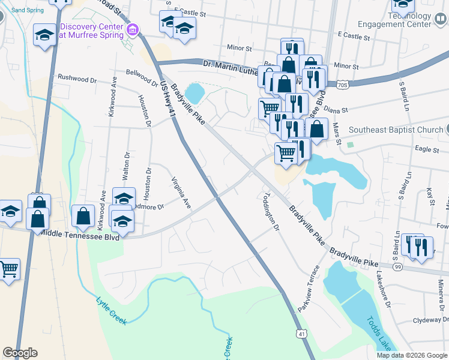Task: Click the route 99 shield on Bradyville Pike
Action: tap(398, 266)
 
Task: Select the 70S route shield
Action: tap(342, 85)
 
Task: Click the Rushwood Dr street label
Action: tap(77, 79)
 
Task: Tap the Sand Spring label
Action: tap(28, 10)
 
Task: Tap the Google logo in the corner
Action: tap(20, 353)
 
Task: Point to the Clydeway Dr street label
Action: tap(427, 320)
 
